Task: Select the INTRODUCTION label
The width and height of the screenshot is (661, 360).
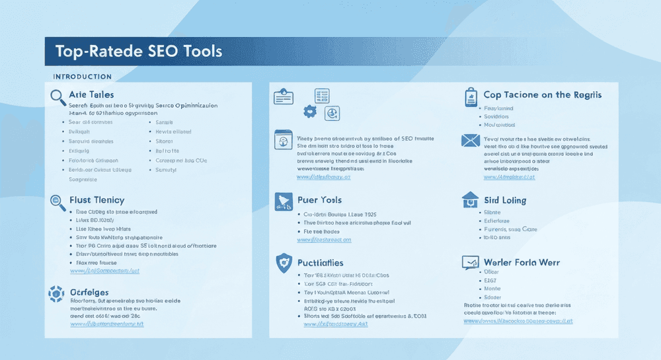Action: tap(82, 77)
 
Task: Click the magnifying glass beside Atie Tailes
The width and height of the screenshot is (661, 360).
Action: tap(58, 96)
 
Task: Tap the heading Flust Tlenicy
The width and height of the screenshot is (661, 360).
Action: tap(97, 199)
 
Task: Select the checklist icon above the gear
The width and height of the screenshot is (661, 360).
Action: tap(322, 96)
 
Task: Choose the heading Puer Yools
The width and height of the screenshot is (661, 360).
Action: tap(319, 199)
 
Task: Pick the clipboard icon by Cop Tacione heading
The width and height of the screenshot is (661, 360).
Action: tap(471, 97)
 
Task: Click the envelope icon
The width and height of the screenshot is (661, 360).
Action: tap(470, 140)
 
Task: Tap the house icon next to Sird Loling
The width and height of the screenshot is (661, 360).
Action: tap(470, 199)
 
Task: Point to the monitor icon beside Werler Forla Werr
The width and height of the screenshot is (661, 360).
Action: tap(471, 263)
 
